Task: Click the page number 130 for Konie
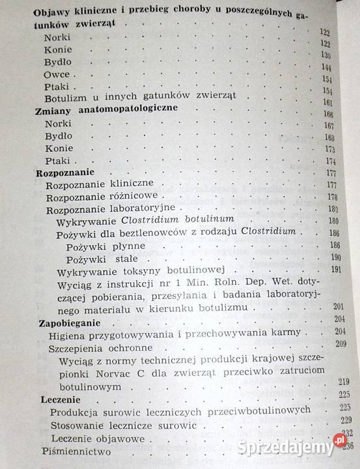[x=325, y=55]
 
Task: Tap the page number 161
[x=328, y=103]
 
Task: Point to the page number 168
[x=329, y=137]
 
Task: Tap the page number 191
[x=336, y=268]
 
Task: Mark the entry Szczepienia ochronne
[x=98, y=347]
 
